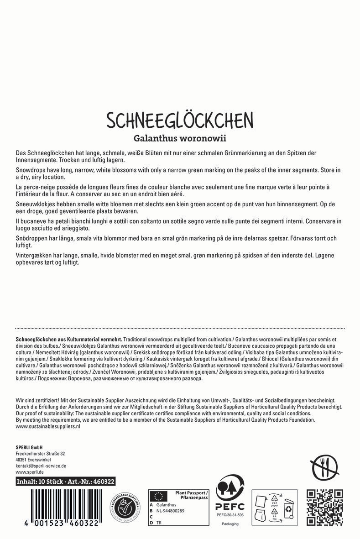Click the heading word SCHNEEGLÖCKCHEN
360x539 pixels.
[x=180, y=120]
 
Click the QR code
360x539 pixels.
[x=324, y=507]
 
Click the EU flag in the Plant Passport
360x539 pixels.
[x=159, y=496]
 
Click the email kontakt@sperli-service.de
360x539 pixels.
[x=41, y=466]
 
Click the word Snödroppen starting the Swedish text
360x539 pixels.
[x=31, y=238]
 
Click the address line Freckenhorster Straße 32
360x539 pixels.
[x=40, y=453]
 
